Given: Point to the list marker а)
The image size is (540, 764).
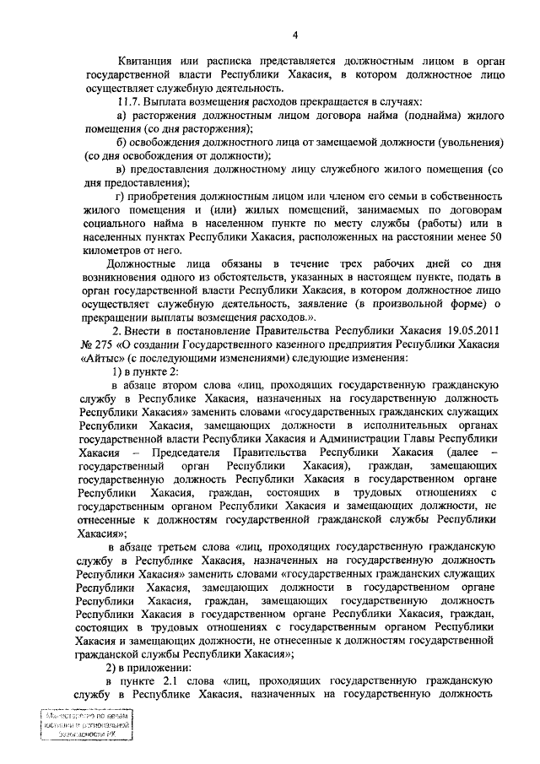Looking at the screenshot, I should [121, 115].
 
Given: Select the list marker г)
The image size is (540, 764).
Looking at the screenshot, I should [121, 196].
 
